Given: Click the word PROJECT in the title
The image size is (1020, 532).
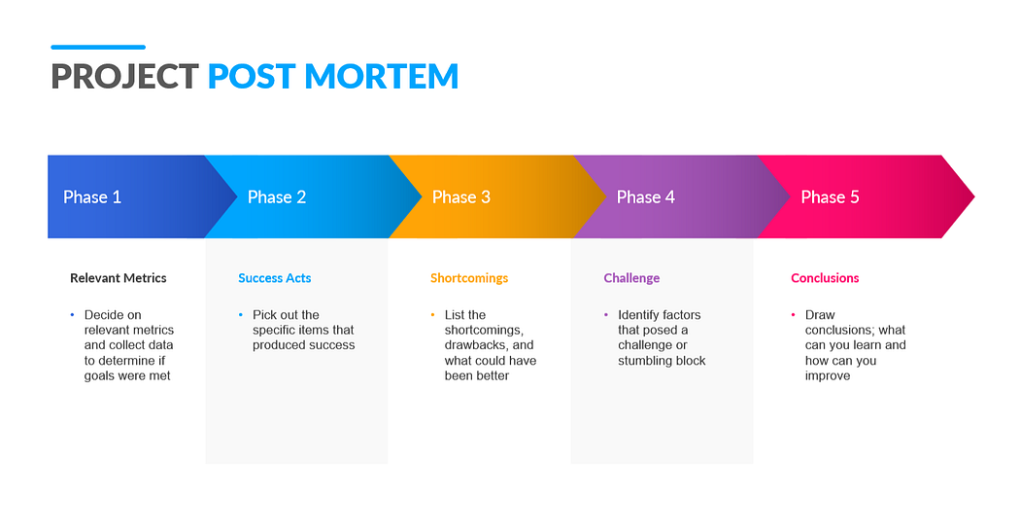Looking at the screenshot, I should (x=124, y=76).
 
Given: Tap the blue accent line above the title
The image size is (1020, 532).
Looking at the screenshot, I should (x=97, y=47).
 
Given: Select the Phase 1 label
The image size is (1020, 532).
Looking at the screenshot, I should (x=92, y=197).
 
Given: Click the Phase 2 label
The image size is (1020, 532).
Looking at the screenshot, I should (x=277, y=197).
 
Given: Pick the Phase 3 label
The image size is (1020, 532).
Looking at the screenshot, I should (x=461, y=197).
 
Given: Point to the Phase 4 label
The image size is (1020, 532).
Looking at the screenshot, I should (x=646, y=197).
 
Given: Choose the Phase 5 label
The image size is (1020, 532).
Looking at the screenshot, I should (x=830, y=197).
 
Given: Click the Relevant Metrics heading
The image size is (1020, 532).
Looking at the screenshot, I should (x=119, y=278).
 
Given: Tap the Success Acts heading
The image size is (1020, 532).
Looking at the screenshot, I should (x=275, y=278).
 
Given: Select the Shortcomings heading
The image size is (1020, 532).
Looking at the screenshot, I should (x=469, y=278).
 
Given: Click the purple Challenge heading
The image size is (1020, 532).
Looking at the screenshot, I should (x=631, y=278).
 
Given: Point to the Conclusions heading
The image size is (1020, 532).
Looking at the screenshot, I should (x=825, y=278).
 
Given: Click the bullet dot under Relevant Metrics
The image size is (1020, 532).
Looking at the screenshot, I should (x=72, y=315).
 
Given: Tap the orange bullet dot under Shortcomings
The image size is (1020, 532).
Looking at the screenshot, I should (x=432, y=315).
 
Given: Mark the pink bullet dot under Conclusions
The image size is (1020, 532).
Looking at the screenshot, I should (x=793, y=315).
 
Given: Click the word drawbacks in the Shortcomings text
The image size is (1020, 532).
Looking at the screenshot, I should (x=475, y=345).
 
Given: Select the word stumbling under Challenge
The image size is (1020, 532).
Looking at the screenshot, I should (x=649, y=361).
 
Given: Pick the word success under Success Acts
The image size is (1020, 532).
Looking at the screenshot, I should (x=332, y=345).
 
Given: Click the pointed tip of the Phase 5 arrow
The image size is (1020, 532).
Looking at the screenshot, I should (x=972, y=197).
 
